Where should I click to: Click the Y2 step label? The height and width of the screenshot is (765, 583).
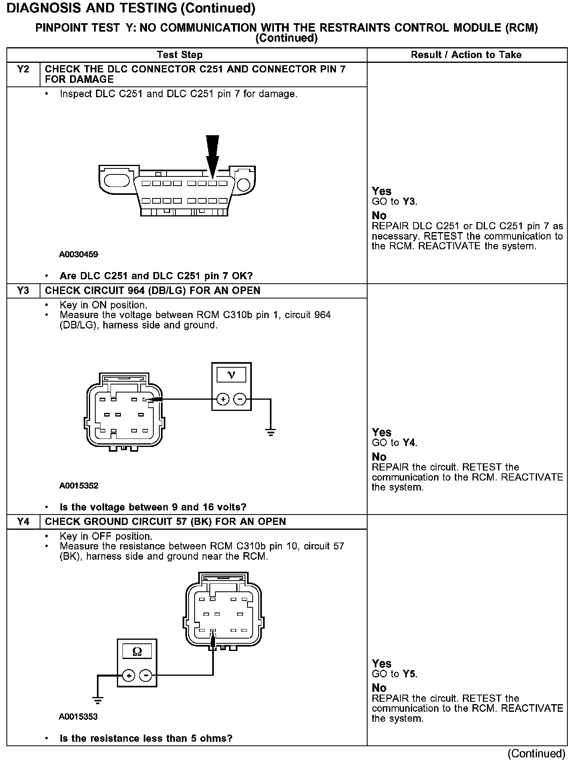(x=23, y=69)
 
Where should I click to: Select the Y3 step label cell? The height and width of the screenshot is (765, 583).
(x=23, y=290)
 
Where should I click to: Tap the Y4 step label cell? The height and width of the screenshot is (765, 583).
(x=23, y=522)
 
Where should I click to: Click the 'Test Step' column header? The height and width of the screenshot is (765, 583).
(x=180, y=55)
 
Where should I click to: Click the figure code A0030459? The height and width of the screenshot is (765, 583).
(x=78, y=254)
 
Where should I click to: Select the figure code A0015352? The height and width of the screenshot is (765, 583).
(x=78, y=486)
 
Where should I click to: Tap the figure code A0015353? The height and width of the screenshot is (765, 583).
(x=78, y=717)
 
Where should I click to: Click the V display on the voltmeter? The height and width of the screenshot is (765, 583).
(x=231, y=375)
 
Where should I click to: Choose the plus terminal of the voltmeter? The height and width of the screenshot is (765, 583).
(x=223, y=399)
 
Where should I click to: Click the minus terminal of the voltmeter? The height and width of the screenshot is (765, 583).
(x=240, y=399)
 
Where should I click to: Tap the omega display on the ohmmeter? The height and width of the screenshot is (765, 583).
(x=137, y=652)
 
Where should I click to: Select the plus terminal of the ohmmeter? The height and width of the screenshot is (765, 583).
(x=129, y=676)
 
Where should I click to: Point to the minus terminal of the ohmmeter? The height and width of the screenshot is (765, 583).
(x=146, y=676)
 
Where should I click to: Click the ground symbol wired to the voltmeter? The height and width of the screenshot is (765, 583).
(x=271, y=432)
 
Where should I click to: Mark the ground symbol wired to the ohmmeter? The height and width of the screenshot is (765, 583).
(x=98, y=700)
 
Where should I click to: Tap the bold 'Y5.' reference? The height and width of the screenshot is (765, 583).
(x=410, y=674)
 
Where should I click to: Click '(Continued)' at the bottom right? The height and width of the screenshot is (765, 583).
(x=536, y=754)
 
